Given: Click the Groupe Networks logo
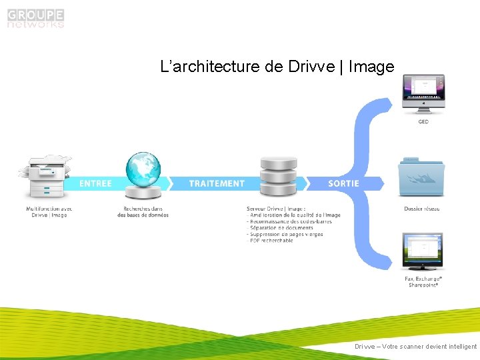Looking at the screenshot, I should tap(36, 18).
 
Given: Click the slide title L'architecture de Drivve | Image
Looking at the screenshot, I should tap(277, 67).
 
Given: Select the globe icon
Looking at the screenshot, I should tap(143, 175).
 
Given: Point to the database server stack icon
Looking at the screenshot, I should tap(278, 179).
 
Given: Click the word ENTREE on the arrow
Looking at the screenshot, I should tap(95, 183).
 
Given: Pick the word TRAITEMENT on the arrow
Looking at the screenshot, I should tap(217, 183).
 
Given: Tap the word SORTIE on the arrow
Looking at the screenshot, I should tap(343, 183).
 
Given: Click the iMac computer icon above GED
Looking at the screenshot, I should tap(423, 95).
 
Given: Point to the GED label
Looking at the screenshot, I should tap(423, 122).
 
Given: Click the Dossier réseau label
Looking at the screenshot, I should tap(422, 209).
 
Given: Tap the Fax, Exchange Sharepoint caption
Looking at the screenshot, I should tap(424, 281).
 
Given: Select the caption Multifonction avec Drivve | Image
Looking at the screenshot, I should tap(49, 212).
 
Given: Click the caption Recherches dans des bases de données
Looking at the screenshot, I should tap(143, 212).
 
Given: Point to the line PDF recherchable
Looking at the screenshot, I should tap(271, 241).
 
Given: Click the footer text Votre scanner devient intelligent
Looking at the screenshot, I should tap(416, 347).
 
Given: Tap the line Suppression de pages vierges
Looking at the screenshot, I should tap(286, 235).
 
